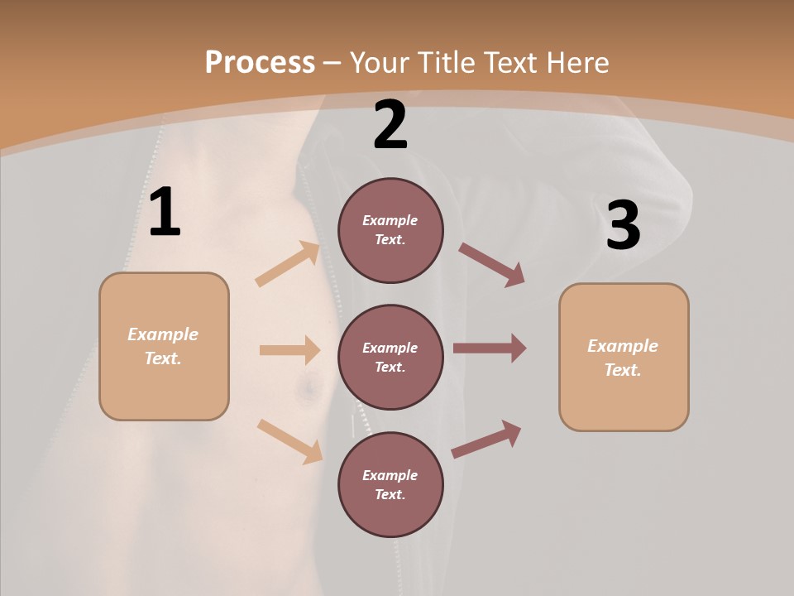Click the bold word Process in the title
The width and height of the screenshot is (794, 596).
click(x=260, y=63)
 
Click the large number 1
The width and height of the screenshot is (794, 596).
click(x=165, y=213)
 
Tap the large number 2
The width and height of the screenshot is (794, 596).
click(x=390, y=125)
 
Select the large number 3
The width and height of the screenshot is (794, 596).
click(x=623, y=225)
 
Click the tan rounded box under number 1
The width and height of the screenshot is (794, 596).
click(x=164, y=346)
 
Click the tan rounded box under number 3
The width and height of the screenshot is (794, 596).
click(x=624, y=358)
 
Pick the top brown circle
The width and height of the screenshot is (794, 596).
click(x=390, y=230)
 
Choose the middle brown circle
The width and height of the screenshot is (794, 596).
click(x=390, y=358)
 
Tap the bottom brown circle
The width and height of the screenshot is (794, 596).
click(x=390, y=485)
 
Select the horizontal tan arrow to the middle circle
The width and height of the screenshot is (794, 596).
click(x=289, y=350)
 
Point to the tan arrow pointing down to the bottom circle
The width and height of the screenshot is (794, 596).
click(x=289, y=441)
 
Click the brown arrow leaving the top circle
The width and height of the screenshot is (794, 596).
click(x=492, y=265)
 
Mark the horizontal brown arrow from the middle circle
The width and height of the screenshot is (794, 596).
click(x=490, y=348)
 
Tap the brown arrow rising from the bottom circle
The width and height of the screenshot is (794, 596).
click(x=486, y=439)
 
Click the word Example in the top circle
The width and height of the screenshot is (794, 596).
click(x=390, y=221)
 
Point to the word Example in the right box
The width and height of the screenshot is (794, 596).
click(x=623, y=346)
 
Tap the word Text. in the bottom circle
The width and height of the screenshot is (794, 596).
click(x=390, y=495)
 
